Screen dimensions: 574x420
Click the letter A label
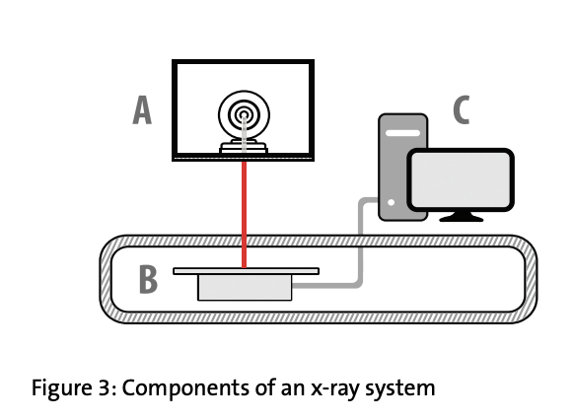tap(142, 109)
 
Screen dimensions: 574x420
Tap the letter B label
tap(148, 279)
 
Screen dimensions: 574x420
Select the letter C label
tap(462, 109)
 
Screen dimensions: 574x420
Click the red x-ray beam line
tap(245, 214)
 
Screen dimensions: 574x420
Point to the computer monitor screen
tap(461, 180)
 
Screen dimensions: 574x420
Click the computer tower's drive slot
tap(402, 133)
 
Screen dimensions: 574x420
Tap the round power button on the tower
tap(391, 202)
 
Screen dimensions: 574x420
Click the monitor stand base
tap(462, 217)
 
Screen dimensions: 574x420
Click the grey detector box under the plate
tap(245, 288)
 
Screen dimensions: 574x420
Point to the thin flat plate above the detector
tap(246, 271)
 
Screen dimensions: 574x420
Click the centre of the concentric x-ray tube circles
tap(245, 115)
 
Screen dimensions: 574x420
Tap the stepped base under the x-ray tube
tap(244, 147)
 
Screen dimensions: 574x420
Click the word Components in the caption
tap(186, 388)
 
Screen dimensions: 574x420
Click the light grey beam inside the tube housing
tap(245, 135)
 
